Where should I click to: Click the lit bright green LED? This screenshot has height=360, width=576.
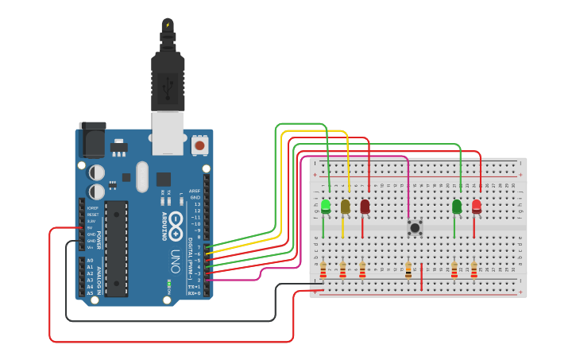point(325,207)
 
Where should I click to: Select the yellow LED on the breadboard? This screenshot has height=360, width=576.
point(345,207)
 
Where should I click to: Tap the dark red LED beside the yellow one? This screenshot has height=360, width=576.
point(365,207)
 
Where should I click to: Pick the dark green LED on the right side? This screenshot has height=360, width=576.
point(457,207)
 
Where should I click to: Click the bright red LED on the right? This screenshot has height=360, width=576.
point(477,207)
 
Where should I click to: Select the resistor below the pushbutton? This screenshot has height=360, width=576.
point(408,271)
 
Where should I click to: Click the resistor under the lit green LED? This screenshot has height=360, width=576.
point(323,271)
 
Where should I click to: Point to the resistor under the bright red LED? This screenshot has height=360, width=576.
point(474,271)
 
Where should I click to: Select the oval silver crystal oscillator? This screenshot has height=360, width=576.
point(142,176)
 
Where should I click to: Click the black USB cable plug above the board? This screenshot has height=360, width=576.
point(168,79)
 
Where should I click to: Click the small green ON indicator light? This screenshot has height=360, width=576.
point(169,283)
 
